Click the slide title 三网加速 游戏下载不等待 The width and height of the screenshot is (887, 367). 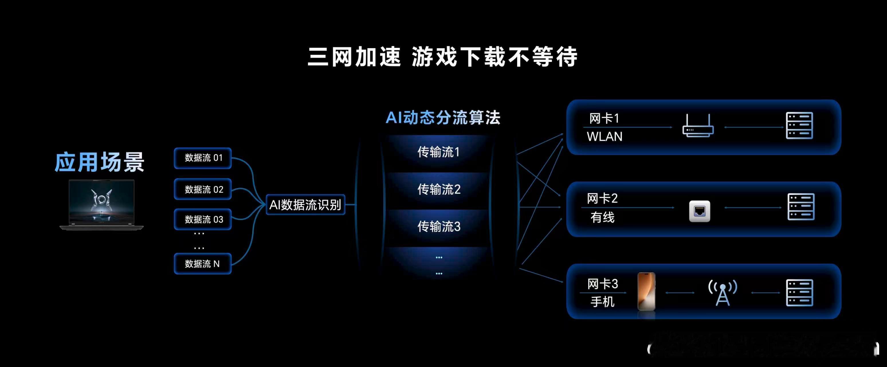pos(442,57)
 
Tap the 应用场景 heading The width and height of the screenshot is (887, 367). pos(99,162)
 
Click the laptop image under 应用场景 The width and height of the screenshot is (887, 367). pos(102,204)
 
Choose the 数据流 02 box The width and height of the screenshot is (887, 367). pos(203,189)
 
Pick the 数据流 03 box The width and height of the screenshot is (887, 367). pos(203,219)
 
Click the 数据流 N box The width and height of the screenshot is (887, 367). pos(203,263)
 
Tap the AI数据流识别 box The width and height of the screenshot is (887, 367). pos(305,205)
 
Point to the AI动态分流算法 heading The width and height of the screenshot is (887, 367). pos(443,118)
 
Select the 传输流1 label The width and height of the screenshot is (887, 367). pos(438,152)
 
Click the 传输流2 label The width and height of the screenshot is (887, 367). pos(439,189)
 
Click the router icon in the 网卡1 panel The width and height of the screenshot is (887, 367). pos(698,126)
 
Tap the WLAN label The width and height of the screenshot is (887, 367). pos(605,137)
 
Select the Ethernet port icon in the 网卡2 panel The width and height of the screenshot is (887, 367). pos(700,211)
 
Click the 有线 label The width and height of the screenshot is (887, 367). pos(602,217)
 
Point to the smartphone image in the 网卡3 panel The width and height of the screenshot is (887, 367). pos(646,292)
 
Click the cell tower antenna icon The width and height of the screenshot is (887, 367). pos(723,292)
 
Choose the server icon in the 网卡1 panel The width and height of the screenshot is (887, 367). pos(799,125)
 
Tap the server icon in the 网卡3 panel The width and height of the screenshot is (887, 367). pos(799,293)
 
